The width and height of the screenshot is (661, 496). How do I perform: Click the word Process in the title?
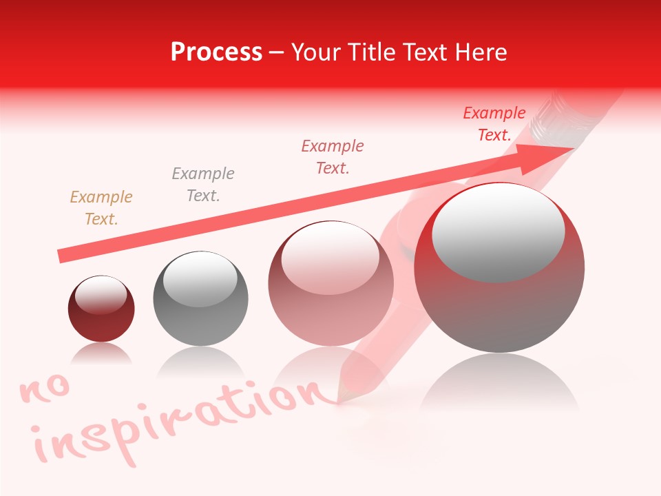coord(216,52)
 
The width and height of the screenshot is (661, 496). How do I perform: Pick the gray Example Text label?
coord(203,185)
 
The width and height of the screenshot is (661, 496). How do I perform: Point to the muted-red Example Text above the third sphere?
coord(333,157)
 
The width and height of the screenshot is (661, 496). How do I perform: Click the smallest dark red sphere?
coord(101,309)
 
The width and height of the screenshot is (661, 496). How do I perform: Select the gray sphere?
coord(200,299)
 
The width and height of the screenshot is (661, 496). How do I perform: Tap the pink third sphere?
coord(331,283)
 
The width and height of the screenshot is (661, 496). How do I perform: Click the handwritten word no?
coord(45,390)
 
